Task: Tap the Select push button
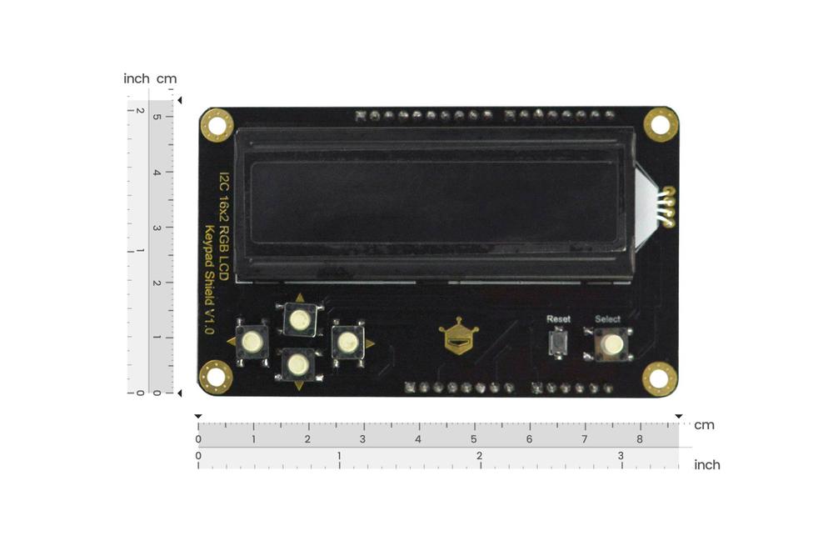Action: point(611,344)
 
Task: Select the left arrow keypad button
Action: point(252,341)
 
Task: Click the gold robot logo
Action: point(458,336)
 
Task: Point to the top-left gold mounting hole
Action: point(217,125)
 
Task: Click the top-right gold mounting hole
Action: point(661,125)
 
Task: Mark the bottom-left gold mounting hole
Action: point(215,377)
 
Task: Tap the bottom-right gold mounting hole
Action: point(659,378)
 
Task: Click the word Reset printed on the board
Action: point(558,319)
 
